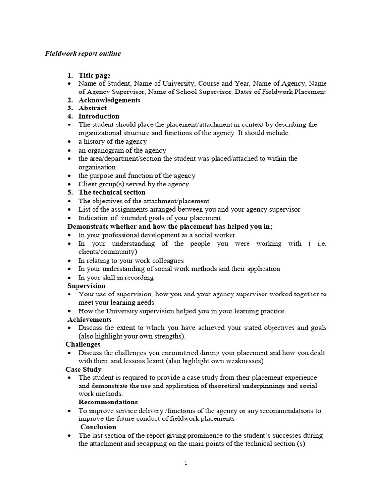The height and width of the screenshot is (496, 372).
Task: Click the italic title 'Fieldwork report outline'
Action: click(x=83, y=54)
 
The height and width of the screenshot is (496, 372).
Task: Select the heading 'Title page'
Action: click(x=94, y=75)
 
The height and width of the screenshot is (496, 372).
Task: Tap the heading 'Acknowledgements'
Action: click(x=109, y=100)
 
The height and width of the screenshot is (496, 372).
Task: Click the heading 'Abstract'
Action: click(x=93, y=108)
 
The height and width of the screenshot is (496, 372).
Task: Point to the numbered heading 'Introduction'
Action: click(x=99, y=116)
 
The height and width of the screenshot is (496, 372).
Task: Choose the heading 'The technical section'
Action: click(x=112, y=192)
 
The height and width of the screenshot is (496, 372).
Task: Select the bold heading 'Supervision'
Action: click(x=86, y=286)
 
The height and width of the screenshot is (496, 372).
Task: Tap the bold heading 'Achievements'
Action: click(x=90, y=320)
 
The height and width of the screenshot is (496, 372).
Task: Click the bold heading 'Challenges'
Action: click(x=83, y=344)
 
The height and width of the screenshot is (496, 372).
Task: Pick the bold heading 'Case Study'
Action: click(x=84, y=369)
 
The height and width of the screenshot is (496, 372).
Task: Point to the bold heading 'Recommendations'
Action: click(x=108, y=402)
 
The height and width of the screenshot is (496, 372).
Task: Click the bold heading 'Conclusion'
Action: click(x=98, y=427)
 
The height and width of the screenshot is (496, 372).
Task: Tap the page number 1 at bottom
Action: click(x=186, y=463)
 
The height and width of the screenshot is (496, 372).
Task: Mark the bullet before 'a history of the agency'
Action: click(x=70, y=142)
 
